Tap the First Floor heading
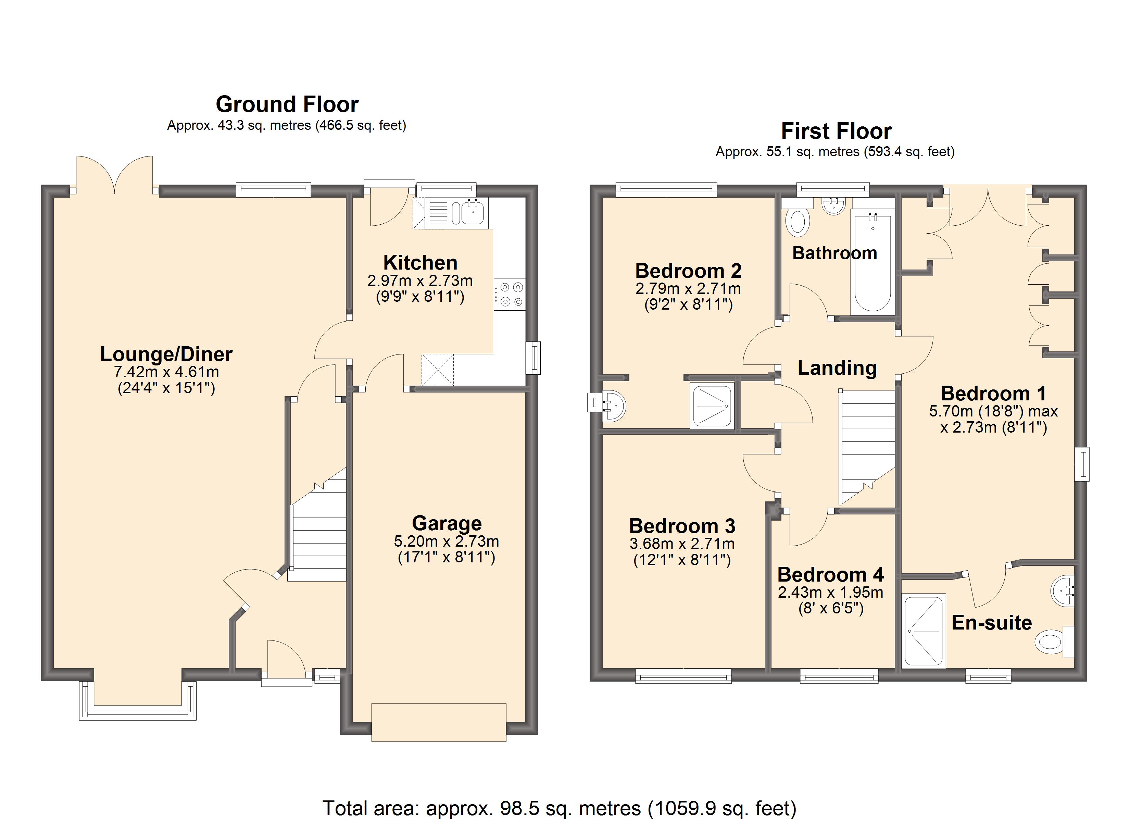836,131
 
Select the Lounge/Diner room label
166,354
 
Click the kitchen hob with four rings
510,295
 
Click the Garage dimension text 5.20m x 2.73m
447,541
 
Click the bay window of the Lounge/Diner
138,700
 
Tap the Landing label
837,368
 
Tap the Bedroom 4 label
831,575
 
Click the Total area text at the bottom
560,808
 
